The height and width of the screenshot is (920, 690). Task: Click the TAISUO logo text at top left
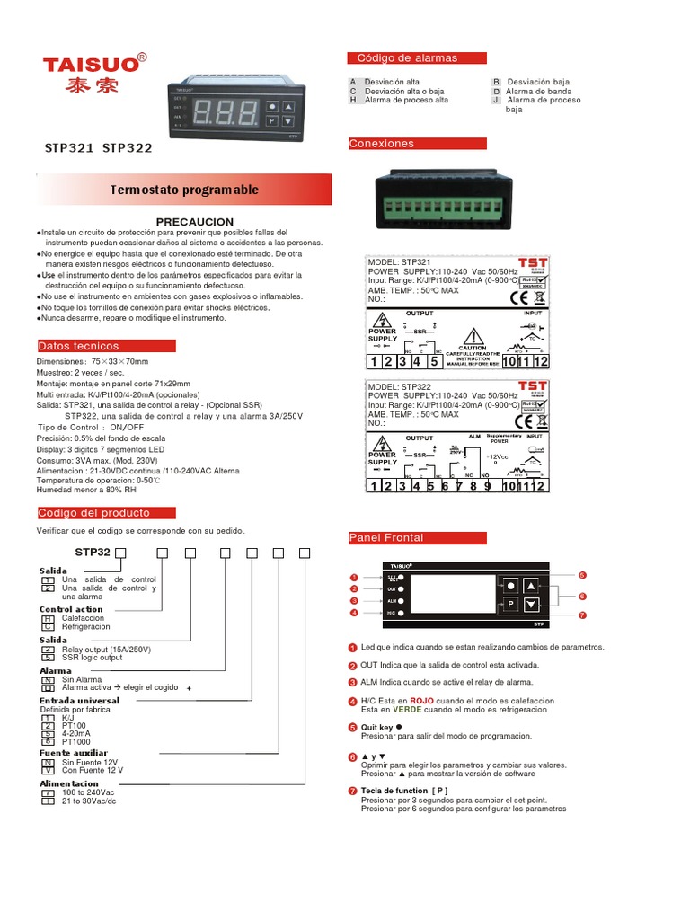[89, 64]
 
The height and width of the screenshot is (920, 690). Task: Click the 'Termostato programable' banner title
[184, 190]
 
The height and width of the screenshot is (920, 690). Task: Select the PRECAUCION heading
[194, 221]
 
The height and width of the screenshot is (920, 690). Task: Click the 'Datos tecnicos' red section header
[79, 346]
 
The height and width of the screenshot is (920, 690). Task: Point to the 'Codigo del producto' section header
[94, 513]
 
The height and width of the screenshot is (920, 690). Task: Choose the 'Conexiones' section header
[384, 144]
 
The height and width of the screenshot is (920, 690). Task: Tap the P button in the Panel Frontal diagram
[509, 604]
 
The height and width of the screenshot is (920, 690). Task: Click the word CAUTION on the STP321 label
[472, 348]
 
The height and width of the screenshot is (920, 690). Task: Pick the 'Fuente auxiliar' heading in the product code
[74, 753]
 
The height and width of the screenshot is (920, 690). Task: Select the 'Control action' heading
[71, 609]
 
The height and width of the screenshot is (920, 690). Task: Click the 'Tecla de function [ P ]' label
[404, 791]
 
